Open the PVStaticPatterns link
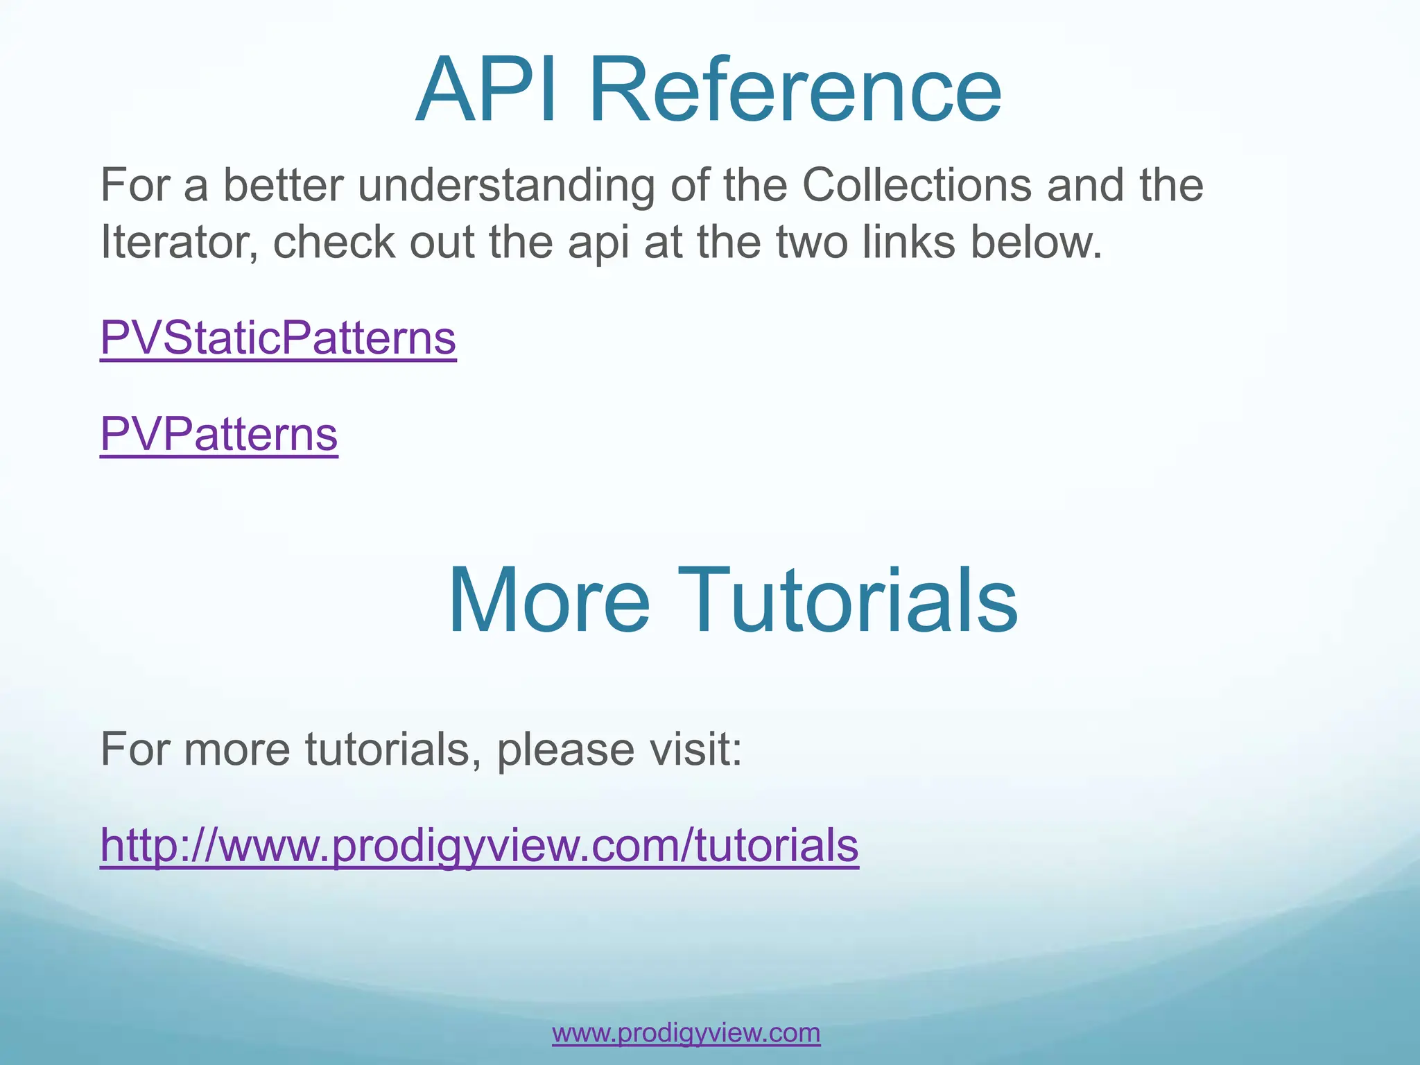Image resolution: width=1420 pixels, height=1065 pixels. point(278,338)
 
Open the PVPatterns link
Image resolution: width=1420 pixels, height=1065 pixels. point(219,435)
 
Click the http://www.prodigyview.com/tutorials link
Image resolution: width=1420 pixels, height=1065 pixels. point(479,845)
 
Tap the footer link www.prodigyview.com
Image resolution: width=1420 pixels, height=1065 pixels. point(686,1033)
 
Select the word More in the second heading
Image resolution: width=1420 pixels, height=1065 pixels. point(548,600)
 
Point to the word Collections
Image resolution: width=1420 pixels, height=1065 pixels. point(917,185)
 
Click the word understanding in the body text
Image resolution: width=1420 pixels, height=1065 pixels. point(506,187)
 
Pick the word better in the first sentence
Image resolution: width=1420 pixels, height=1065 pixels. point(283,185)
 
